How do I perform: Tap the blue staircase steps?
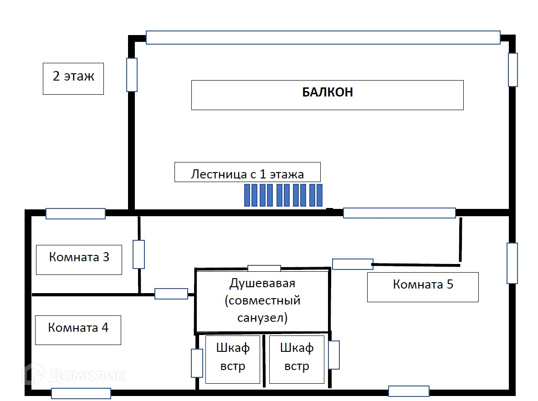(x=283, y=195)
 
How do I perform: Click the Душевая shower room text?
(x=262, y=300)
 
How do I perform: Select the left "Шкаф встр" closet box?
(x=233, y=359)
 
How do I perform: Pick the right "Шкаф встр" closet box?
(x=297, y=359)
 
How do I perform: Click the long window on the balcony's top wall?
(x=323, y=37)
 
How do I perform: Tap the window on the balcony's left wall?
(x=132, y=75)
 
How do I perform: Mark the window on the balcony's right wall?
(x=513, y=70)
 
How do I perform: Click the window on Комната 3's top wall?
(x=76, y=213)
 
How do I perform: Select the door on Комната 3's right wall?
(x=138, y=254)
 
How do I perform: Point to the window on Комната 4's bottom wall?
(x=81, y=393)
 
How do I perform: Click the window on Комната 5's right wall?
(x=512, y=263)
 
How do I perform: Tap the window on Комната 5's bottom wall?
(x=409, y=391)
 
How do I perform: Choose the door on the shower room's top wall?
(x=264, y=268)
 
